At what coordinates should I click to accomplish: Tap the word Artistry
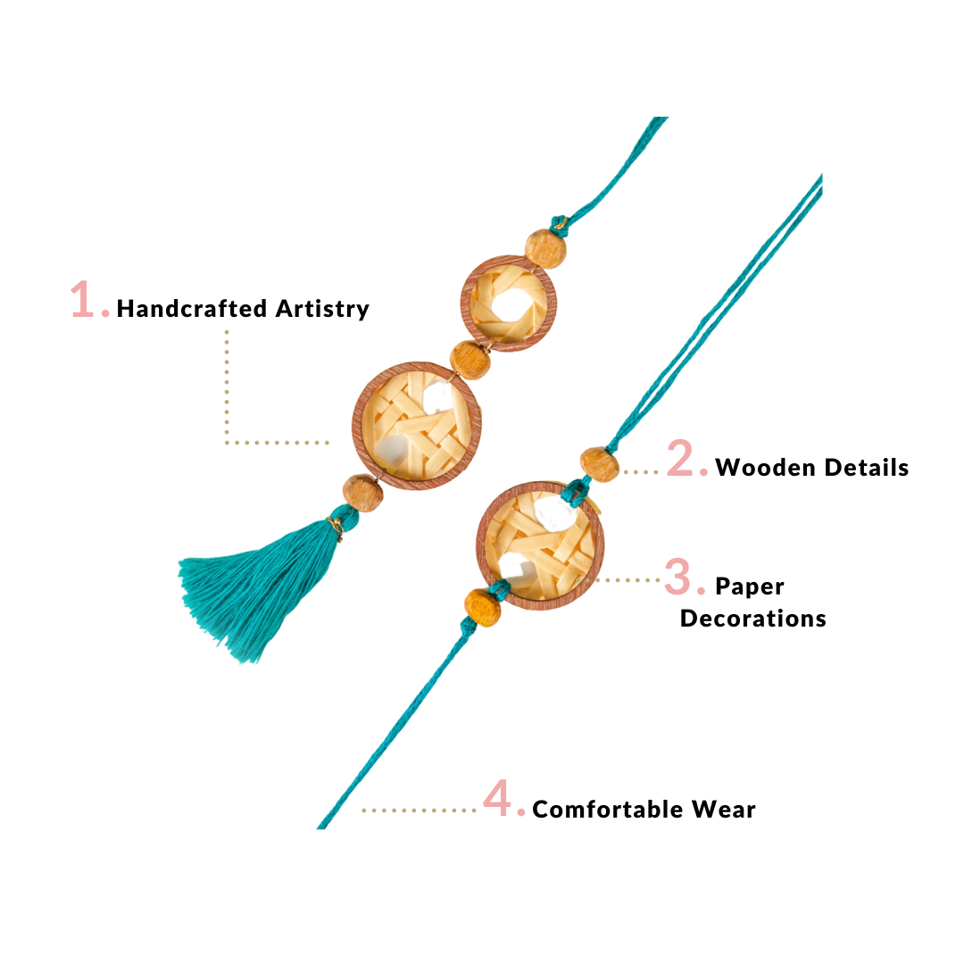coord(322,309)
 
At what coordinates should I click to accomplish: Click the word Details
coord(867,467)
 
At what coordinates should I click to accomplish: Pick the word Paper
coord(750,586)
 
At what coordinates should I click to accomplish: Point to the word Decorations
coord(752,619)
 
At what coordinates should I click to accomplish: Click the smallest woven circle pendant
coord(507,303)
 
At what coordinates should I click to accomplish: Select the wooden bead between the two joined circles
coord(470,359)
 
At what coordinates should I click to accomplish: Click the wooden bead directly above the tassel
coord(362,493)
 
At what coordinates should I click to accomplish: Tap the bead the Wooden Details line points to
coord(599,464)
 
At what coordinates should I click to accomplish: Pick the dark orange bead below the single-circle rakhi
coord(483,607)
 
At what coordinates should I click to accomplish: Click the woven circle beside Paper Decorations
coord(539,544)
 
